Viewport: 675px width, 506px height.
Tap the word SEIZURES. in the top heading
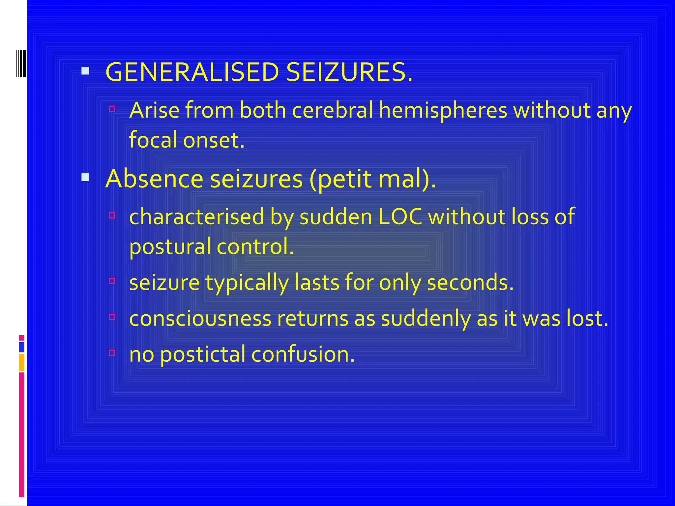349,72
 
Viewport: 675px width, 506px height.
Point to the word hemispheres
443,111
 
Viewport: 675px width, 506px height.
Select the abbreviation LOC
400,217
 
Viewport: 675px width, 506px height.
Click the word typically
247,283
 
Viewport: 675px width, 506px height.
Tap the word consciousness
200,319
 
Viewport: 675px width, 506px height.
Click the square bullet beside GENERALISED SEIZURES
85,71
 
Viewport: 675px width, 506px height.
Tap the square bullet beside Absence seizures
85,178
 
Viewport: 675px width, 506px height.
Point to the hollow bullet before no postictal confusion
112,353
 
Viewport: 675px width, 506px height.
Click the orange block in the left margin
21,362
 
